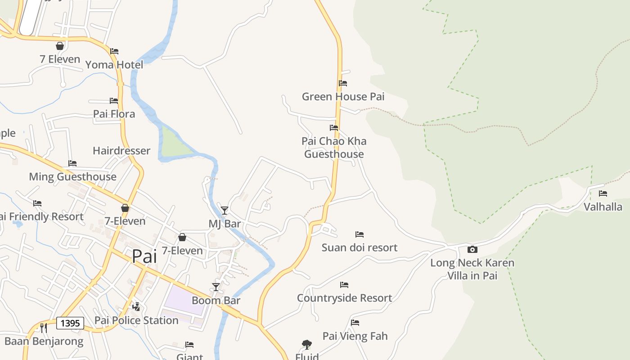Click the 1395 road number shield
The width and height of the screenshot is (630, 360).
click(x=70, y=323)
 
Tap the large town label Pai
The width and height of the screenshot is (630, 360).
click(x=144, y=256)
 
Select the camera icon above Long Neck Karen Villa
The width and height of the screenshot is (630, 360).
click(x=472, y=249)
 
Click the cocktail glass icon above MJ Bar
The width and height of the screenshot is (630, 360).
click(x=225, y=210)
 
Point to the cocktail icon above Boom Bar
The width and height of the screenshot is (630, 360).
click(x=216, y=287)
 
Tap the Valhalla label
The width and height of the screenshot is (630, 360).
click(x=603, y=207)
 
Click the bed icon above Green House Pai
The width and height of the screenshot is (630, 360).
click(x=343, y=83)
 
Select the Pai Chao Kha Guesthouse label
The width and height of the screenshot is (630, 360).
click(x=334, y=148)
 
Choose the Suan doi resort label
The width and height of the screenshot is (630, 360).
click(x=359, y=247)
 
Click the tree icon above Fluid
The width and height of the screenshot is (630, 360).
click(x=307, y=345)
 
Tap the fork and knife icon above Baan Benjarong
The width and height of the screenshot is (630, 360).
click(x=44, y=328)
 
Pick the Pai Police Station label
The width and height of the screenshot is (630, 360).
click(x=136, y=320)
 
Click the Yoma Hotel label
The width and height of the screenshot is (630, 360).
click(x=114, y=65)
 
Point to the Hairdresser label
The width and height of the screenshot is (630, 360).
click(x=121, y=151)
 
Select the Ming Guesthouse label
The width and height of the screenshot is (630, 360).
click(x=72, y=177)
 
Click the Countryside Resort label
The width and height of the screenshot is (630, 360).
click(x=344, y=298)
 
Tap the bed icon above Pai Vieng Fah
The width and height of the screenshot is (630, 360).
click(x=355, y=323)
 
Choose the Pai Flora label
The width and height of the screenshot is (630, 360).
click(x=114, y=114)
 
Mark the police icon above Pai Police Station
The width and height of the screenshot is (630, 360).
click(x=136, y=307)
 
